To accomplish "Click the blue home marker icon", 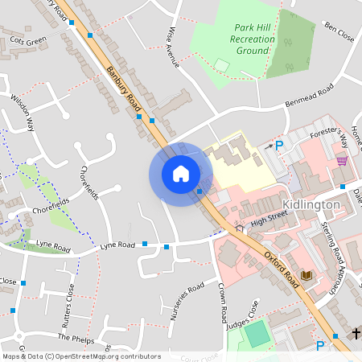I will click(x=181, y=174).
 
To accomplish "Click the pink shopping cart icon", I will click(x=342, y=160).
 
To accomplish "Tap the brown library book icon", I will click(x=305, y=276).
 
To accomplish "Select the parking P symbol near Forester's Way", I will click(x=279, y=146).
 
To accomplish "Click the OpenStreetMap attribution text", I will click(x=80, y=356).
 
